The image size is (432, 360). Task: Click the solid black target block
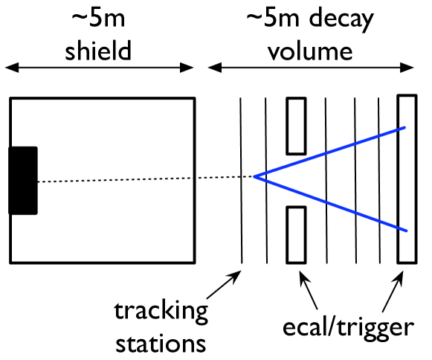pos(23,181)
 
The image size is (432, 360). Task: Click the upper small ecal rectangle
pos(296,126)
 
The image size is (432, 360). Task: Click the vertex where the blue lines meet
pos(255,177)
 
